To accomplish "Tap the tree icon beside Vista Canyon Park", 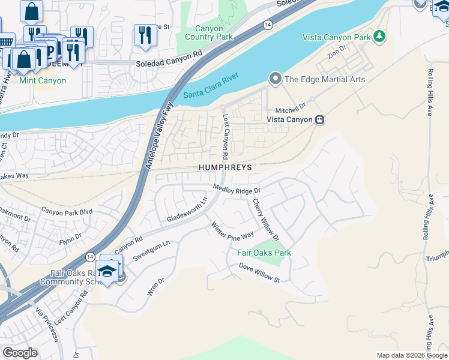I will click(x=379, y=37).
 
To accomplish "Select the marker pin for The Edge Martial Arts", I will click(x=276, y=79).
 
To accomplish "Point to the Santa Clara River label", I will click(x=211, y=86).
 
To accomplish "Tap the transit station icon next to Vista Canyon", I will click(x=320, y=119).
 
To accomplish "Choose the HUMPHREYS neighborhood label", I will click(x=226, y=167).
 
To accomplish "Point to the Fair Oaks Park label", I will click(x=264, y=253).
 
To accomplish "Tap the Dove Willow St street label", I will click(x=259, y=275).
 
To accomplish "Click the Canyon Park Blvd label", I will click(x=66, y=211).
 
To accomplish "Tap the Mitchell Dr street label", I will click(x=291, y=104).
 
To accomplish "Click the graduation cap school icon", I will click(x=107, y=271).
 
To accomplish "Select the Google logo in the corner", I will click(x=20, y=353).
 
